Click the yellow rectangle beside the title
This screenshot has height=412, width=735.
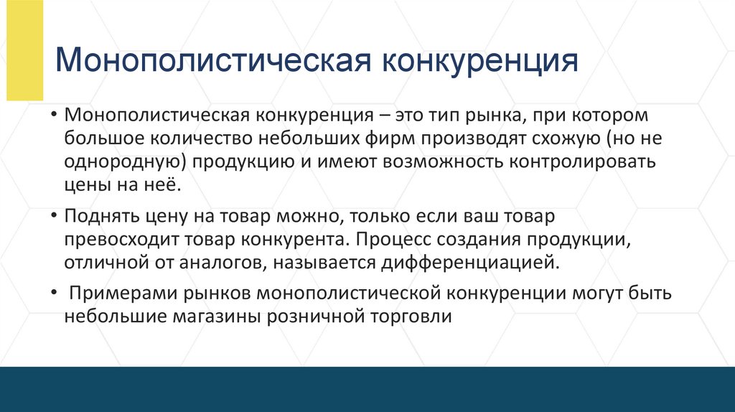pyautogui.click(x=24, y=50)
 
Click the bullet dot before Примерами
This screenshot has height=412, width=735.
pyautogui.click(x=54, y=294)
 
